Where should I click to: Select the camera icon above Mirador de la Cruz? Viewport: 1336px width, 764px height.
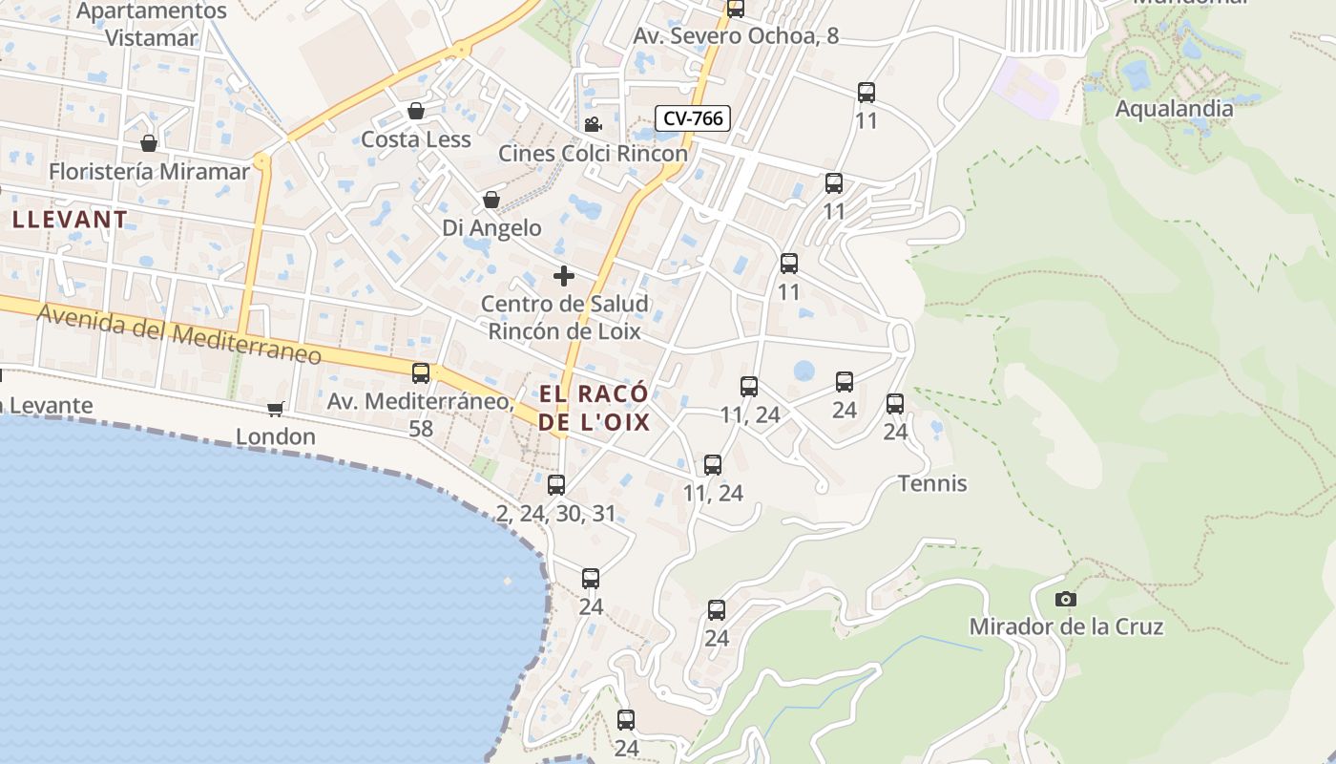click(1066, 599)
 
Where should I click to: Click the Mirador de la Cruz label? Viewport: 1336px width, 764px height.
click(1066, 626)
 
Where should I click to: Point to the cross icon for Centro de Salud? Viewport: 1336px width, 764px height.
click(564, 276)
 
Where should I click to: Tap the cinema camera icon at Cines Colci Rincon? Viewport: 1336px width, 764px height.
click(593, 124)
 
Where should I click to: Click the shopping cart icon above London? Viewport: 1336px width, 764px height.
click(276, 409)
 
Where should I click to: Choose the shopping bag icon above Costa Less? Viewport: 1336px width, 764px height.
click(415, 111)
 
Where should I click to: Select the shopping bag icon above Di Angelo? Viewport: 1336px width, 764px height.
click(491, 200)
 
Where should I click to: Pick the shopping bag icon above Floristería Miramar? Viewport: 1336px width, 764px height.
click(149, 143)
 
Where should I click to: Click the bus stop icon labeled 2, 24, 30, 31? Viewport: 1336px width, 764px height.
click(556, 484)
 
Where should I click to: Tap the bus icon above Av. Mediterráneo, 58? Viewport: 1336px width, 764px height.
click(421, 372)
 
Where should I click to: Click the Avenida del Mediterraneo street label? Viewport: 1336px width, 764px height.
click(179, 333)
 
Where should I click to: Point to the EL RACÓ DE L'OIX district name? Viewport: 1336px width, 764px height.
click(594, 408)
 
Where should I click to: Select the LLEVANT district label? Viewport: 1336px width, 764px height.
click(70, 219)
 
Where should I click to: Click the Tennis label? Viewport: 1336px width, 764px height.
click(932, 483)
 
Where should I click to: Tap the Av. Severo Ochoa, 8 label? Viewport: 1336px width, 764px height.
click(736, 36)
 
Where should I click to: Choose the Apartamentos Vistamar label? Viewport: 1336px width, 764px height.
click(152, 25)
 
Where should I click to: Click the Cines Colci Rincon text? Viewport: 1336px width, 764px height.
click(593, 153)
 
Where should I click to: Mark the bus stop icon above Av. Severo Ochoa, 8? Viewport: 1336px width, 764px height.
click(736, 9)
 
